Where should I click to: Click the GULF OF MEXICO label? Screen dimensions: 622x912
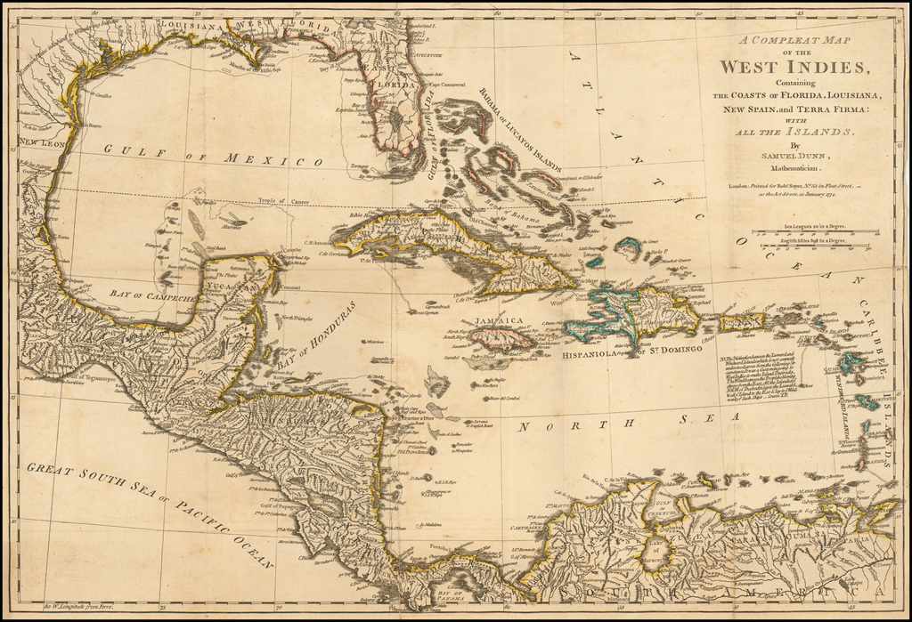click(213, 155)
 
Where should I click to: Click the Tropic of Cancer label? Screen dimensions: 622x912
click(284, 202)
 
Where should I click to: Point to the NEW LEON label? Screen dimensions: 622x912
click(39, 142)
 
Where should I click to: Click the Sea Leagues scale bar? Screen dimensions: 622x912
click(814, 231)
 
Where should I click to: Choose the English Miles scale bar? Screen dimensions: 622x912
click(814, 246)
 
